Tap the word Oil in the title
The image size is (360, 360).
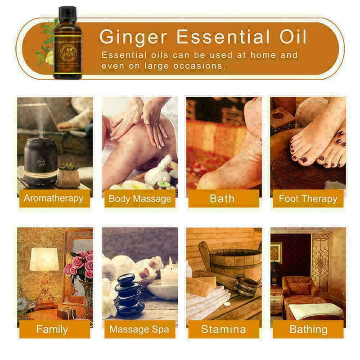290,36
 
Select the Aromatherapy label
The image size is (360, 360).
54,198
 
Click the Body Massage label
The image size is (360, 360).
140,198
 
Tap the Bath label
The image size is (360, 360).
222,198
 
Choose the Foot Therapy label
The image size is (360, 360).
308,198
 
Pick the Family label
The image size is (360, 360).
52,329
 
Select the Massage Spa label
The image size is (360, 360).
140,329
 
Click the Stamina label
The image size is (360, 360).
224,329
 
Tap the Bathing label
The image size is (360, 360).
308,329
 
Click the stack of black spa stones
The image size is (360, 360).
129,295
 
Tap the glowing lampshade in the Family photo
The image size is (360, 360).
44,259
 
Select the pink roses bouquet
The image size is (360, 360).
80,265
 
